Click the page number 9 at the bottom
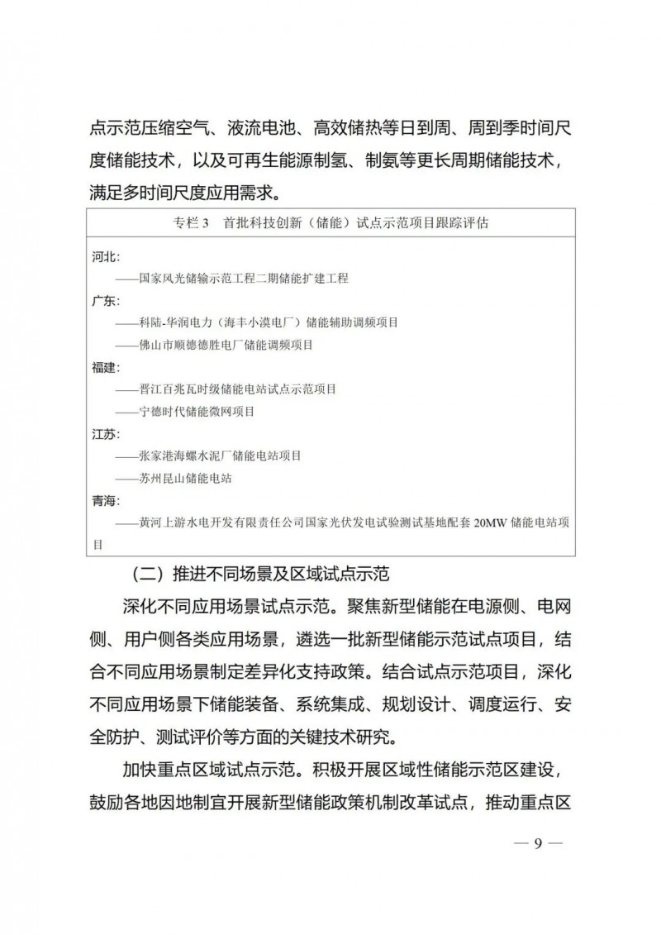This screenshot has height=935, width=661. pos(537,844)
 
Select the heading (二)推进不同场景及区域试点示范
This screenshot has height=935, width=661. pos(259,573)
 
